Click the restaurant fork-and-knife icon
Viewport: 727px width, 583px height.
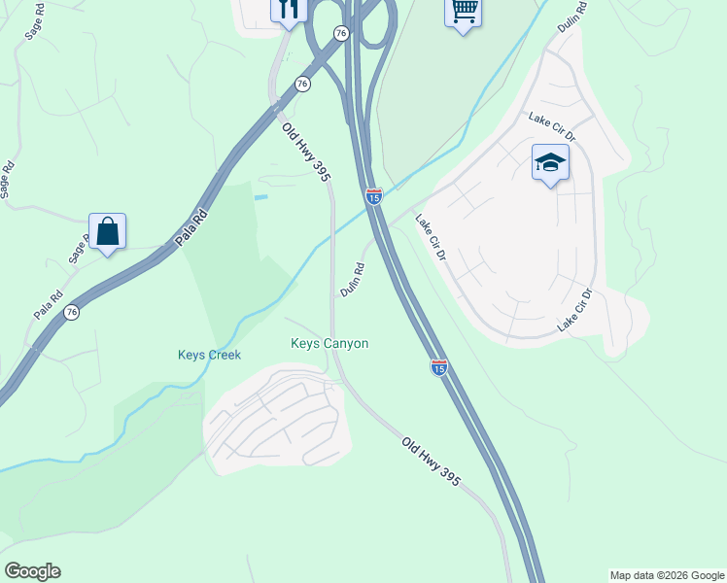(x=288, y=9)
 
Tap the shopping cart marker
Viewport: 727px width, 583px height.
(x=464, y=12)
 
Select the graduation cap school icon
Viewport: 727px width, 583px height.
(x=550, y=163)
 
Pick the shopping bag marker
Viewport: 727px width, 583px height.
(x=107, y=232)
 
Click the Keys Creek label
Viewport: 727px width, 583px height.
(x=209, y=355)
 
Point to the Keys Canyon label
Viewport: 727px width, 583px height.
(x=329, y=343)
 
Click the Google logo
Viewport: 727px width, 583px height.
(x=32, y=571)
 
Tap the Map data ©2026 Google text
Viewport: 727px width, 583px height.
(x=666, y=575)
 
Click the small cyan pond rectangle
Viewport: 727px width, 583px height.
(x=260, y=197)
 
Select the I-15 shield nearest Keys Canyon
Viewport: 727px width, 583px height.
(x=439, y=367)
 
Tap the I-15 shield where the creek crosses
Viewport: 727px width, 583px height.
(x=374, y=196)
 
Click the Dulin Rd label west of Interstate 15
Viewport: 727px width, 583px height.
(x=352, y=280)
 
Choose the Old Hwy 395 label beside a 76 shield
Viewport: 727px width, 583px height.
(x=306, y=152)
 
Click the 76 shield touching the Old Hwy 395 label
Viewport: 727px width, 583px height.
(x=302, y=85)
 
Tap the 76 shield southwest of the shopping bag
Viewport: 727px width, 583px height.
(x=71, y=312)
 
